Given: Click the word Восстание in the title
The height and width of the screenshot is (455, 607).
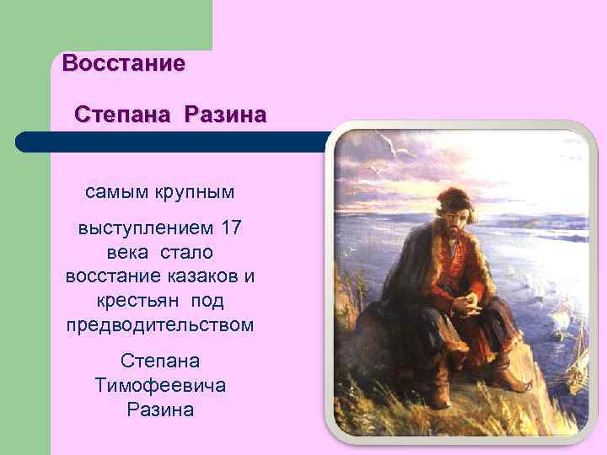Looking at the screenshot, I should (x=123, y=63).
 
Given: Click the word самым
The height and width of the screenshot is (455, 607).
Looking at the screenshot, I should (x=115, y=192).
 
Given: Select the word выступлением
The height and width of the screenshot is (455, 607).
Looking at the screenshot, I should (x=145, y=227).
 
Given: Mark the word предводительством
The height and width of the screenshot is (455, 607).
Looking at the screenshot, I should (x=159, y=325).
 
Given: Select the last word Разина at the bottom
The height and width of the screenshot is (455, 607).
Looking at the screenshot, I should (x=160, y=409).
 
